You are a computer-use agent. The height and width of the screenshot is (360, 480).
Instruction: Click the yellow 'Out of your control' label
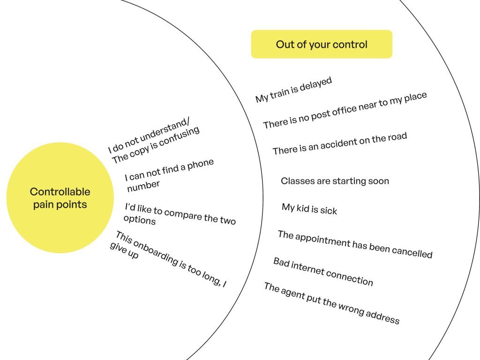322,45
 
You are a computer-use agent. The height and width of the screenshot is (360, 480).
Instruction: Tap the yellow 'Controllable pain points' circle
60,198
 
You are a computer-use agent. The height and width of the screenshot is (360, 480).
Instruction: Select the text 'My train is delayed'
294,90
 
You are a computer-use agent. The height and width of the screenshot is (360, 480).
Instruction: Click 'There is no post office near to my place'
345,111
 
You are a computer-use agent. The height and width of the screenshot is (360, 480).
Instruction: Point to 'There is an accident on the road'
340,144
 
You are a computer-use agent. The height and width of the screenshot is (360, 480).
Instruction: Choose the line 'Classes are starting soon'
335,181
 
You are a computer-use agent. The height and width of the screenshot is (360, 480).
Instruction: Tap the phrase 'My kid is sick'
309,209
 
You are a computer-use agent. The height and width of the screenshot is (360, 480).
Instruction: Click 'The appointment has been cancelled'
355,244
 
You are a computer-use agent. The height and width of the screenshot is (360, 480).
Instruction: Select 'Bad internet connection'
323,271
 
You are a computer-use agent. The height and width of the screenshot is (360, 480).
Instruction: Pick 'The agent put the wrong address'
331,303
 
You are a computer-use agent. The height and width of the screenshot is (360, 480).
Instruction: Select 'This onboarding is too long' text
169,259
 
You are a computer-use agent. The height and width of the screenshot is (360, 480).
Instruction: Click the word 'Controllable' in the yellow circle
60,192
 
